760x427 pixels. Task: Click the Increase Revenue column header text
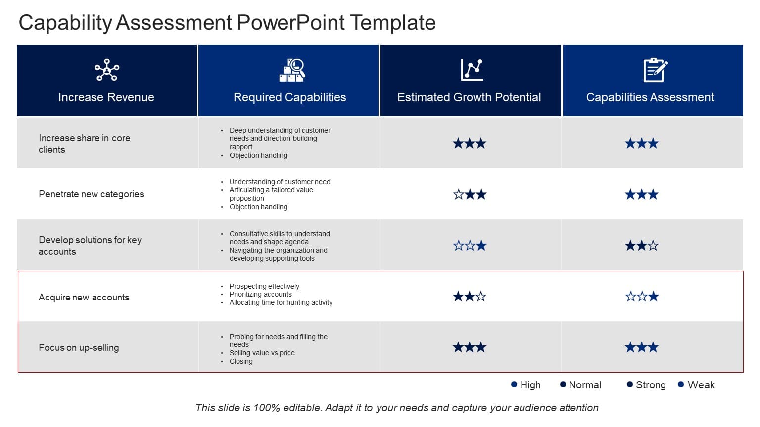tap(106, 97)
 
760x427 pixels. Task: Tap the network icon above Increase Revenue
tap(107, 70)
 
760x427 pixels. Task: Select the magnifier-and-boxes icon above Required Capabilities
tap(292, 70)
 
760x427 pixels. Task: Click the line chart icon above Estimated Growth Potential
tap(472, 70)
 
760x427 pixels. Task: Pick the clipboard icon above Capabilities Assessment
tap(655, 70)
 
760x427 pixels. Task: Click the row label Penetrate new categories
tap(92, 194)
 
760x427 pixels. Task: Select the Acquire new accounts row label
tap(84, 297)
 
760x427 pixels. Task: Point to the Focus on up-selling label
tap(79, 347)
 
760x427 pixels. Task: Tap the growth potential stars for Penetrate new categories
tap(470, 194)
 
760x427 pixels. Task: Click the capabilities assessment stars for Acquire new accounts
tap(642, 297)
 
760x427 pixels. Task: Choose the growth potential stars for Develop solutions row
tap(470, 246)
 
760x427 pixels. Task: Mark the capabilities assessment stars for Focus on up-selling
tap(642, 347)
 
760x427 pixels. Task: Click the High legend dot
tap(514, 384)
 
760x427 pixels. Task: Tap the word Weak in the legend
tap(701, 385)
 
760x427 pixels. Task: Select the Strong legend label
tap(651, 385)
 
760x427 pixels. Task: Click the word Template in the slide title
tap(393, 23)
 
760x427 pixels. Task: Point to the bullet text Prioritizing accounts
tap(261, 294)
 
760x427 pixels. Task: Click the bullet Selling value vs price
tap(262, 353)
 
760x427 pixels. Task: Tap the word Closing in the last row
tap(241, 361)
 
